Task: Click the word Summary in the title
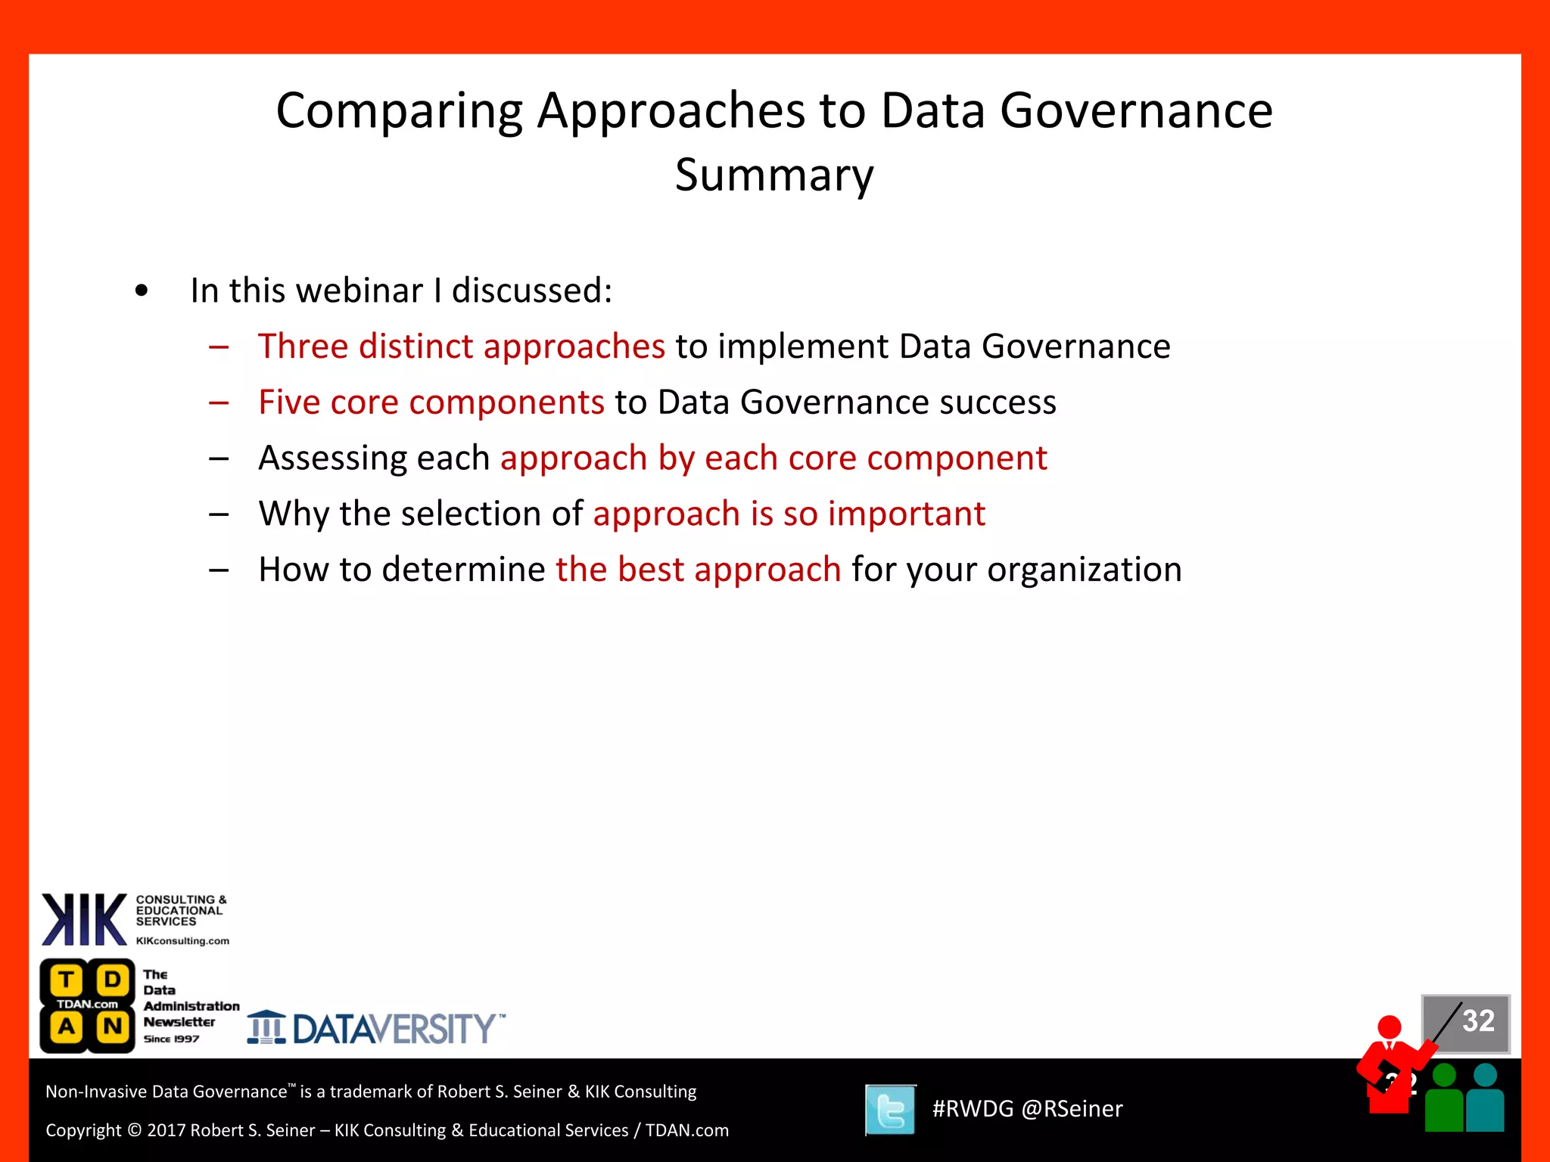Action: click(x=774, y=176)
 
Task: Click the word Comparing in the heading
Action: click(x=399, y=112)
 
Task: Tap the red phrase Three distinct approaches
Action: click(x=461, y=346)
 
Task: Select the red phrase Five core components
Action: click(x=431, y=402)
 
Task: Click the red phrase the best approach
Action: click(x=698, y=570)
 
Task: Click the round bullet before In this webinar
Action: click(x=142, y=291)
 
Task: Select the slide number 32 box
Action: click(x=1466, y=1022)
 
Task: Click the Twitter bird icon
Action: click(x=891, y=1110)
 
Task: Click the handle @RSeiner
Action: click(x=1072, y=1109)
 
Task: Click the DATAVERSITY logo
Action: click(x=376, y=1029)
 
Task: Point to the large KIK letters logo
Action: click(x=84, y=920)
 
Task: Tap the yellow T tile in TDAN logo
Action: click(x=67, y=980)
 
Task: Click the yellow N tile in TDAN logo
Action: click(x=113, y=1027)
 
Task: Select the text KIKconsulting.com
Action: click(x=182, y=941)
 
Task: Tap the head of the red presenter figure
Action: click(x=1390, y=1027)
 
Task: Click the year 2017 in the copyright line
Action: click(x=167, y=1130)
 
